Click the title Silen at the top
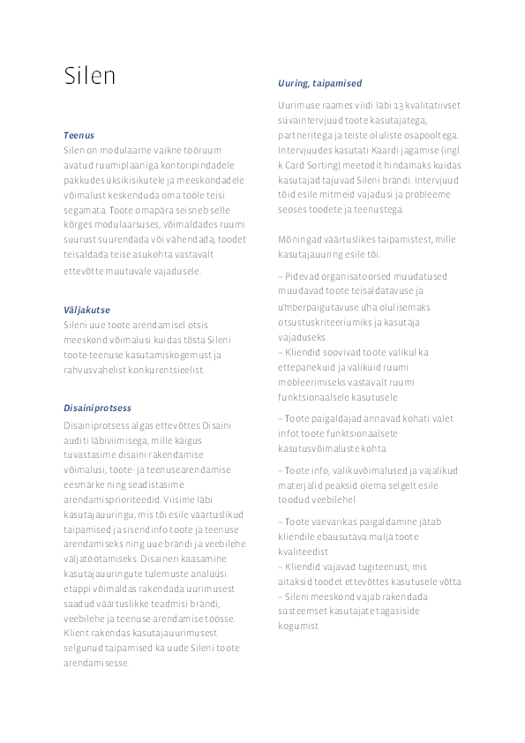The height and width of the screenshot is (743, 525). pyautogui.click(x=89, y=76)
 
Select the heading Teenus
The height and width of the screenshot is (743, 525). pyautogui.click(x=79, y=136)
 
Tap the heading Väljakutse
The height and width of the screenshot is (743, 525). pyautogui.click(x=86, y=310)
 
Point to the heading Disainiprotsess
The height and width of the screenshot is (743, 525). pyautogui.click(x=97, y=408)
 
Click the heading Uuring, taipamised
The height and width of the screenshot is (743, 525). pyautogui.click(x=319, y=83)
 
